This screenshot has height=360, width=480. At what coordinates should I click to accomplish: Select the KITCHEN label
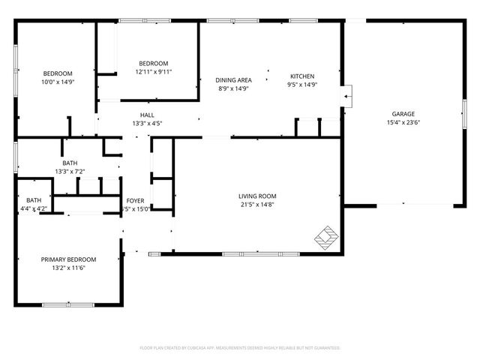(302, 76)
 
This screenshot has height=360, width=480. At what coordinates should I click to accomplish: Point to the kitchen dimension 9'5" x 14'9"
(302, 85)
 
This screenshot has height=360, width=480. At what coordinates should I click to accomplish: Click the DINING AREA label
(233, 79)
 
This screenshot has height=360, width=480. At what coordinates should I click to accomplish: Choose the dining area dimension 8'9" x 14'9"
(233, 88)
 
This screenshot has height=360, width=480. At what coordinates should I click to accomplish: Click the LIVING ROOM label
(257, 196)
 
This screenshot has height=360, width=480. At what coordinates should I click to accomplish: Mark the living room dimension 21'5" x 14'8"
(257, 205)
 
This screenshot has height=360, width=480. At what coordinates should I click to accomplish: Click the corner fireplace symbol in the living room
(325, 237)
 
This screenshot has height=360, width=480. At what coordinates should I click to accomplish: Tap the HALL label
(147, 115)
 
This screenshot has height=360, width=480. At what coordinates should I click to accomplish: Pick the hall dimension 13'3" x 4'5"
(147, 124)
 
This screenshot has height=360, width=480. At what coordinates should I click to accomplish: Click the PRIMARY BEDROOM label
(68, 259)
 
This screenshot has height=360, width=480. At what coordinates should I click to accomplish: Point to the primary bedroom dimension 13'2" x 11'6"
(68, 268)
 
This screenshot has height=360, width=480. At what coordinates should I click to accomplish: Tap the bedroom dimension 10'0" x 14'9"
(57, 82)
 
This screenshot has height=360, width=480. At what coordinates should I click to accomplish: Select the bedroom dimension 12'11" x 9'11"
(153, 72)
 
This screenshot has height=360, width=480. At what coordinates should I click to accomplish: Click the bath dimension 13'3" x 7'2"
(70, 171)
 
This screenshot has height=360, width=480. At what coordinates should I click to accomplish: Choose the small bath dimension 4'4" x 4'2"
(34, 208)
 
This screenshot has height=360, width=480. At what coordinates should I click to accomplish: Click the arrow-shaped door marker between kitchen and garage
(346, 94)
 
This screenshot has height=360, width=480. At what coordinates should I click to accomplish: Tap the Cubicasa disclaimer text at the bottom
(240, 348)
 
